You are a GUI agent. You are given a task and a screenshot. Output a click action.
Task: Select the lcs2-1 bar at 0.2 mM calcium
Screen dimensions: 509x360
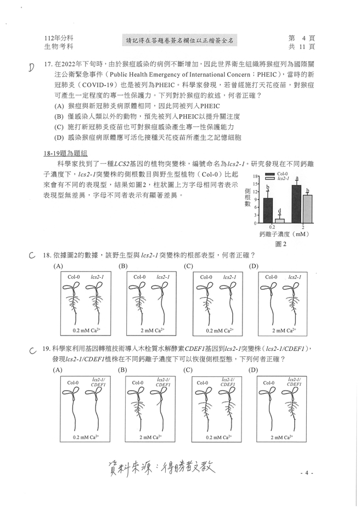click(279, 221)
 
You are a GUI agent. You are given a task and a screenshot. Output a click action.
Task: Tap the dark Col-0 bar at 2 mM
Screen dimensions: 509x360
click(296, 204)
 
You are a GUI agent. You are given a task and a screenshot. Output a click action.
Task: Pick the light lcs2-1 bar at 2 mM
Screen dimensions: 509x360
click(307, 209)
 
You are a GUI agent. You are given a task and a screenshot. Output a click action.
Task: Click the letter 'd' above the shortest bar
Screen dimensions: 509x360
click(279, 211)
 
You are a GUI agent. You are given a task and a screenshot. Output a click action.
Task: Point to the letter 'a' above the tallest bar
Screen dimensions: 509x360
click(297, 178)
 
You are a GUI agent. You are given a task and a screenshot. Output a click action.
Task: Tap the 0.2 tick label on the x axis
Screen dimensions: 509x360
click(273, 227)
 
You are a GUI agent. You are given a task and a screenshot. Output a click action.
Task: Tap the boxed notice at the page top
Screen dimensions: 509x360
click(180, 40)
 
